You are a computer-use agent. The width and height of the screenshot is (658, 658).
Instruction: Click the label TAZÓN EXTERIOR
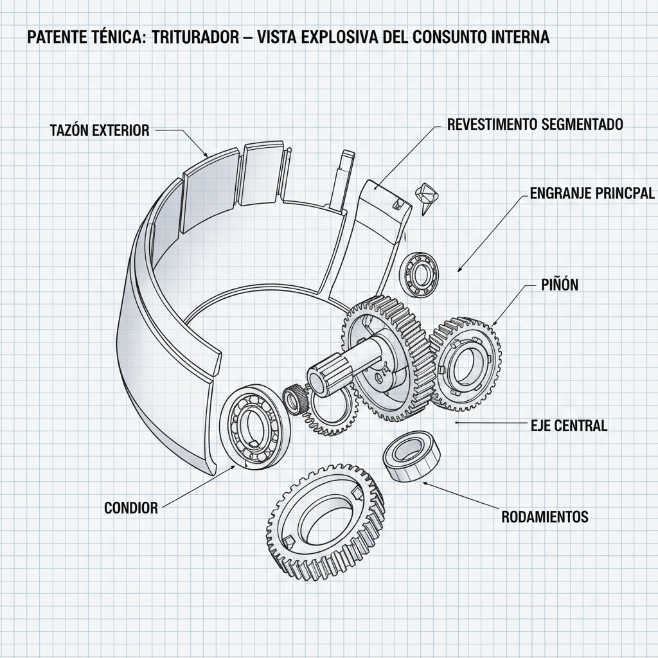[x=99, y=130]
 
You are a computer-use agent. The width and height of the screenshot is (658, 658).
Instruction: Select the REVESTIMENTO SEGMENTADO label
[x=535, y=125]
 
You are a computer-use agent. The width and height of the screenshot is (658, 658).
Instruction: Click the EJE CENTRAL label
[x=569, y=425]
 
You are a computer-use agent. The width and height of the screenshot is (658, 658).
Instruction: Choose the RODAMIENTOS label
[x=544, y=517]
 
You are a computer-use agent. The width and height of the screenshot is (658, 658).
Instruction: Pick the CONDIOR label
[x=130, y=508]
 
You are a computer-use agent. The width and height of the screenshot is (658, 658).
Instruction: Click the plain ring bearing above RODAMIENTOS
[x=411, y=456]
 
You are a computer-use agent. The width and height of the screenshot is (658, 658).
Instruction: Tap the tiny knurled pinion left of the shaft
[x=295, y=400]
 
